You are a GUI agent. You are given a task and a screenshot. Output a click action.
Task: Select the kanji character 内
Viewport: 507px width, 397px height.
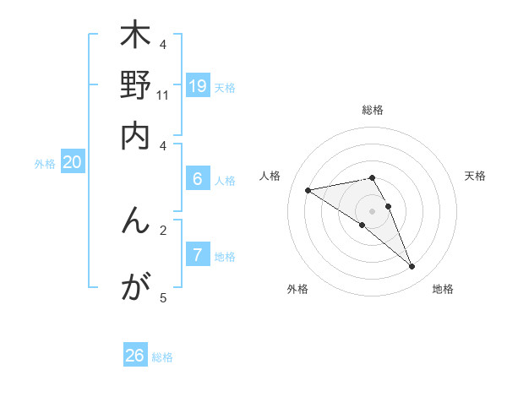135,136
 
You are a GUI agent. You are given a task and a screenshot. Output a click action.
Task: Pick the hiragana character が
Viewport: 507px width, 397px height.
135,287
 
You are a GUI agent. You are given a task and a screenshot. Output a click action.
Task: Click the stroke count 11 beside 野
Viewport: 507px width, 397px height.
163,95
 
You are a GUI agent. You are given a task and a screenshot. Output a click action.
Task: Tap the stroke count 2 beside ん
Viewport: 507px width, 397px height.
163,229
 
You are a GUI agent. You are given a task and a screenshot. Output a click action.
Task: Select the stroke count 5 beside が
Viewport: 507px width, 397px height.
163,297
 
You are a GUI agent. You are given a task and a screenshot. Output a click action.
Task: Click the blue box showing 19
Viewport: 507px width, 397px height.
198,85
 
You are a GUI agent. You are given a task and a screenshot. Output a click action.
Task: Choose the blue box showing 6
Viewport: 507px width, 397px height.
198,178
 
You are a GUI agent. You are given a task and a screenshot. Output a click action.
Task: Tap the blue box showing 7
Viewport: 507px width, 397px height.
198,254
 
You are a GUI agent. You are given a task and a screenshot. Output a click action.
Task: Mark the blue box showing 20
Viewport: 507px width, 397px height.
72,162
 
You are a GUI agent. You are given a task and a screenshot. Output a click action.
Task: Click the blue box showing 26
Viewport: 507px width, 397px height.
135,356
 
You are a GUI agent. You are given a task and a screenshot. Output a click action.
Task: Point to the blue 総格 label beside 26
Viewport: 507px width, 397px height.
163,357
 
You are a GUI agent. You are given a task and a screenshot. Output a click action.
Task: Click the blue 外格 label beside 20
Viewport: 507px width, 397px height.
45,164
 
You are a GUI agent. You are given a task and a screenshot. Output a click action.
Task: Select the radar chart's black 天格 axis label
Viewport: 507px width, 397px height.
476,176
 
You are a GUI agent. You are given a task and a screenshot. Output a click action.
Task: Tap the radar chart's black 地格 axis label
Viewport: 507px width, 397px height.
444,289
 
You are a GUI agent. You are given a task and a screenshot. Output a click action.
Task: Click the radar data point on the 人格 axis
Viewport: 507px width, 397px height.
308,190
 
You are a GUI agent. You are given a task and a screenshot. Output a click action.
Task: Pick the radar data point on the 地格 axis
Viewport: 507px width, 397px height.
412,267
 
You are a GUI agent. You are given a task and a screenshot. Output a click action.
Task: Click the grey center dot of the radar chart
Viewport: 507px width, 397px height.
372,210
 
